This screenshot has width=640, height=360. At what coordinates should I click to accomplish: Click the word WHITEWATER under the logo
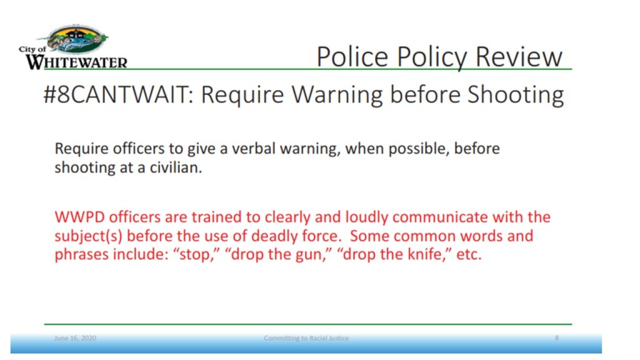click(77, 62)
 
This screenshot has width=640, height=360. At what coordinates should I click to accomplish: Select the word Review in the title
click(519, 56)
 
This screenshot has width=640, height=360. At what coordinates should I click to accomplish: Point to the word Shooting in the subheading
click(516, 95)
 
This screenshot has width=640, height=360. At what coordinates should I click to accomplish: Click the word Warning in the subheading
click(337, 95)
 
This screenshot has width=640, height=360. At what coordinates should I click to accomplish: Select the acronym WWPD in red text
click(79, 217)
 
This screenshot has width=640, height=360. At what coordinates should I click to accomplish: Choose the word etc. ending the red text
click(469, 254)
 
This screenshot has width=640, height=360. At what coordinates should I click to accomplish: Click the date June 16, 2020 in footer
click(76, 338)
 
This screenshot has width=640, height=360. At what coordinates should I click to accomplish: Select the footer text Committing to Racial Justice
click(306, 338)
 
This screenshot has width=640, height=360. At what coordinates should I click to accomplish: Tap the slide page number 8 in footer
click(557, 338)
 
